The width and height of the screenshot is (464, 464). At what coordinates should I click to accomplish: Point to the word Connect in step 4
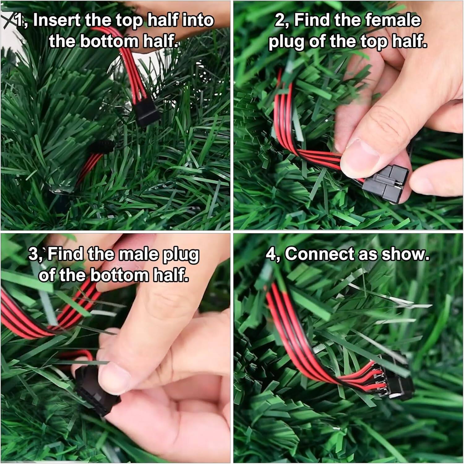point(319,254)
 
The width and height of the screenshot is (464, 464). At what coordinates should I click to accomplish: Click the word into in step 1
point(198,21)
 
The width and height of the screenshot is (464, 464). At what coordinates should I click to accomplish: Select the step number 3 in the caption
point(33,255)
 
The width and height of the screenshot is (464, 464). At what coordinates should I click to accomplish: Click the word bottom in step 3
point(120,275)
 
